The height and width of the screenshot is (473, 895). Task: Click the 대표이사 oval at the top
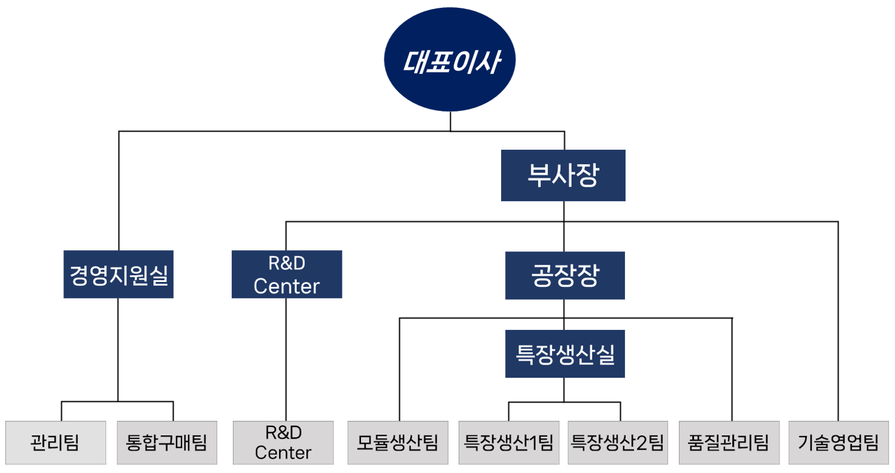(450, 63)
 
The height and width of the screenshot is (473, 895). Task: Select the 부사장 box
(563, 175)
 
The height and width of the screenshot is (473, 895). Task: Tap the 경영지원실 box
(119, 274)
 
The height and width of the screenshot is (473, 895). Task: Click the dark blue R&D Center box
(286, 274)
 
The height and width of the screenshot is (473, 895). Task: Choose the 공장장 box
(564, 275)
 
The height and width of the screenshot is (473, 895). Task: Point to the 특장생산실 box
(564, 354)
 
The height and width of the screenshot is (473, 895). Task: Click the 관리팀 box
(56, 442)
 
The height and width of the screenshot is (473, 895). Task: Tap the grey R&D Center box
(283, 442)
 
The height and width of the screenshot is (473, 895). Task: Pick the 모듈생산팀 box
(398, 442)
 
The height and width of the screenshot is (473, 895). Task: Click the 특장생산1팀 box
(509, 442)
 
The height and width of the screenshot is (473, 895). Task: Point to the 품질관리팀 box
(729, 442)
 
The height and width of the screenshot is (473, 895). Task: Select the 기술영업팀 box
(838, 442)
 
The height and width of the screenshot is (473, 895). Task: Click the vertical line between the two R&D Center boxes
(286, 359)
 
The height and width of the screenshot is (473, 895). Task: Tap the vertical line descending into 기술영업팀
(838, 323)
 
